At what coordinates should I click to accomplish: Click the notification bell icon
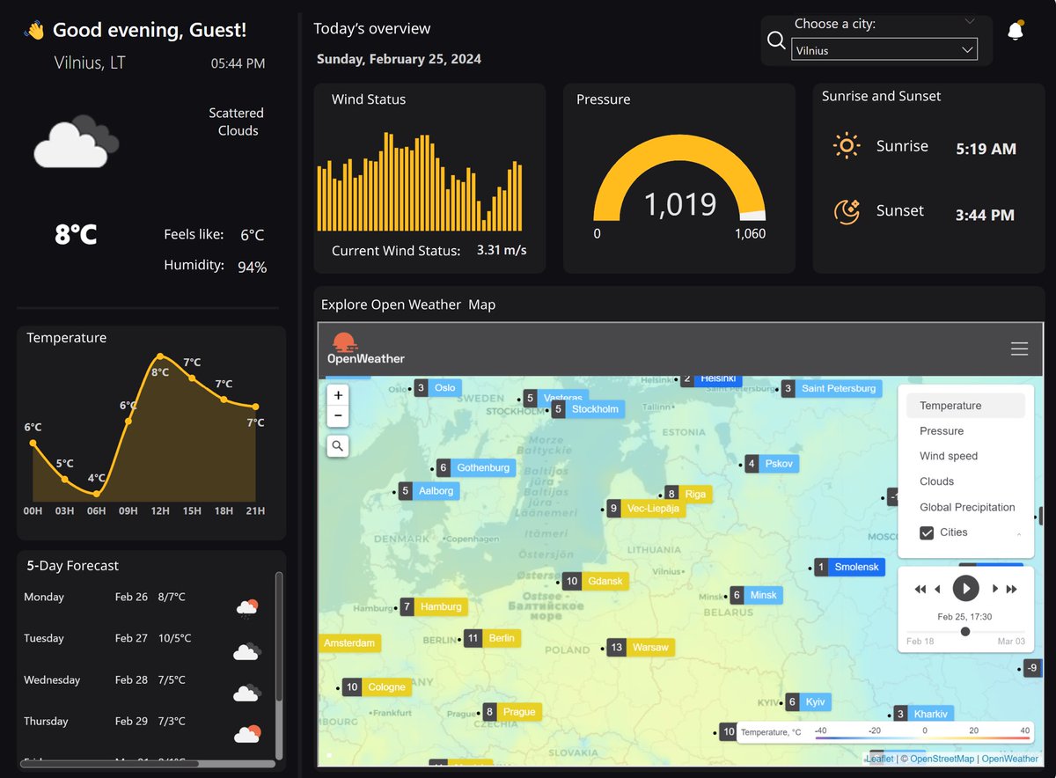pyautogui.click(x=1016, y=32)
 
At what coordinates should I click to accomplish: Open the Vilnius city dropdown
pyautogui.click(x=884, y=50)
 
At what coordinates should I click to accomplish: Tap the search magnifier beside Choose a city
pyautogui.click(x=776, y=40)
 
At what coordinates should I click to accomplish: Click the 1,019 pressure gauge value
pyautogui.click(x=679, y=204)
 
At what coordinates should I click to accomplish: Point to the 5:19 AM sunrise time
pyautogui.click(x=986, y=149)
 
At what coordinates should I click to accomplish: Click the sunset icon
pyautogui.click(x=846, y=211)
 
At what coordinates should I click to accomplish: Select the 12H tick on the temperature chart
pyautogui.click(x=160, y=511)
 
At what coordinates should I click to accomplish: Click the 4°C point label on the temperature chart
pyautogui.click(x=96, y=479)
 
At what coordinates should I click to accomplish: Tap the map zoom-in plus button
pyautogui.click(x=338, y=394)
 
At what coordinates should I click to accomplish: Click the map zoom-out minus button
pyautogui.click(x=338, y=416)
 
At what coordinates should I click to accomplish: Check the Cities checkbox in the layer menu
pyautogui.click(x=927, y=532)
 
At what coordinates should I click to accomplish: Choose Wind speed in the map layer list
pyautogui.click(x=949, y=456)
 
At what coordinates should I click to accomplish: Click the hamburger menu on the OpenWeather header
pyautogui.click(x=1019, y=349)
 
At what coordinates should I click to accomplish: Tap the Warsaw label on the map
pyautogui.click(x=650, y=648)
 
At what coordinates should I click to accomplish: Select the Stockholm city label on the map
pyautogui.click(x=595, y=409)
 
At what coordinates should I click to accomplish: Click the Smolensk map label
pyautogui.click(x=856, y=568)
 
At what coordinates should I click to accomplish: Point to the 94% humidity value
pyautogui.click(x=252, y=267)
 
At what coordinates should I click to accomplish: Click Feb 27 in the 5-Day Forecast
pyautogui.click(x=131, y=638)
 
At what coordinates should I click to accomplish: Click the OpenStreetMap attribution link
pyautogui.click(x=942, y=759)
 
